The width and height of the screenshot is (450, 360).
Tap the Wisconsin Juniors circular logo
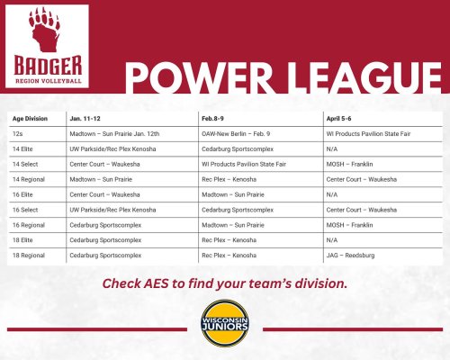(x=225, y=323)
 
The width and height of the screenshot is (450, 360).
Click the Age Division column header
(x=30, y=119)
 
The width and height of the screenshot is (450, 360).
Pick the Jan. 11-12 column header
(x=85, y=119)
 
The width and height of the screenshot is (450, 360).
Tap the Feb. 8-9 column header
(x=212, y=119)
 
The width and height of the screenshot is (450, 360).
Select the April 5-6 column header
(x=338, y=119)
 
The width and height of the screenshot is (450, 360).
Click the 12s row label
(x=17, y=134)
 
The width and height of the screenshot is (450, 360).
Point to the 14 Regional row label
(x=29, y=179)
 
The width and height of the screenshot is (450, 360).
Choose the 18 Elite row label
(x=22, y=240)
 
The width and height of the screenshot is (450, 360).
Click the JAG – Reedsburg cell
(x=350, y=256)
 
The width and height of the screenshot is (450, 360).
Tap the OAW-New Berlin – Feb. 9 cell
(x=236, y=134)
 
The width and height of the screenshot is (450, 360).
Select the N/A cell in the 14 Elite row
(x=332, y=149)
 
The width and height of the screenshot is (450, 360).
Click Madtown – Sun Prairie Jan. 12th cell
(x=114, y=134)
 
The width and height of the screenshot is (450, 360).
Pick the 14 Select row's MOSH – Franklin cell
(x=349, y=164)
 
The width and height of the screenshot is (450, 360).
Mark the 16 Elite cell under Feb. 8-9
(x=233, y=194)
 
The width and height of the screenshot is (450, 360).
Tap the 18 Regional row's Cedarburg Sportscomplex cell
(x=105, y=256)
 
